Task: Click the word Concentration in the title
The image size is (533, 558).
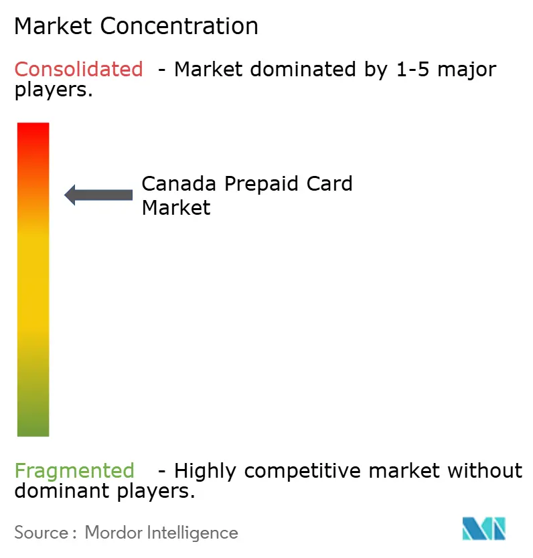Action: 180,26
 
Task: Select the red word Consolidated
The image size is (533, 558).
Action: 79,69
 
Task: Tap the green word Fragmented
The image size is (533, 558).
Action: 74,471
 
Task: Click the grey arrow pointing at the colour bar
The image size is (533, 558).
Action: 98,195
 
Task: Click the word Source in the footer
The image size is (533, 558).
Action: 41,533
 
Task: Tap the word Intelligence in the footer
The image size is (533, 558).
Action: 195,533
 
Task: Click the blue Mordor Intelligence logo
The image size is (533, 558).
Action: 483,529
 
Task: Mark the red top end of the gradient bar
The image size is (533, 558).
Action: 33,130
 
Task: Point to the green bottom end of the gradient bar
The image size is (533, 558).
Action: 33,428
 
